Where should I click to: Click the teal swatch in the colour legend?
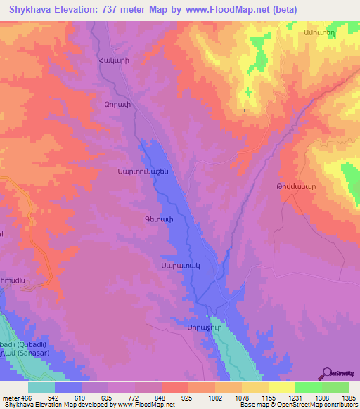tap(41, 387)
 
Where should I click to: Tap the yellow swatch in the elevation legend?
tap(281, 387)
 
